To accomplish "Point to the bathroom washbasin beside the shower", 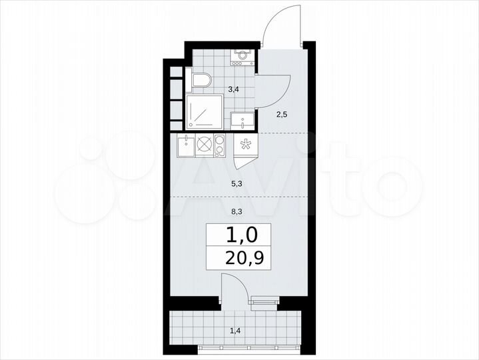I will tap(242, 121).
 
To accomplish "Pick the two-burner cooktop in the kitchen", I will tap(219, 145).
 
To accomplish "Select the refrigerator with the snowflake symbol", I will tap(245, 145).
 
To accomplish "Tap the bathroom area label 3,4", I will tap(232, 88).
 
